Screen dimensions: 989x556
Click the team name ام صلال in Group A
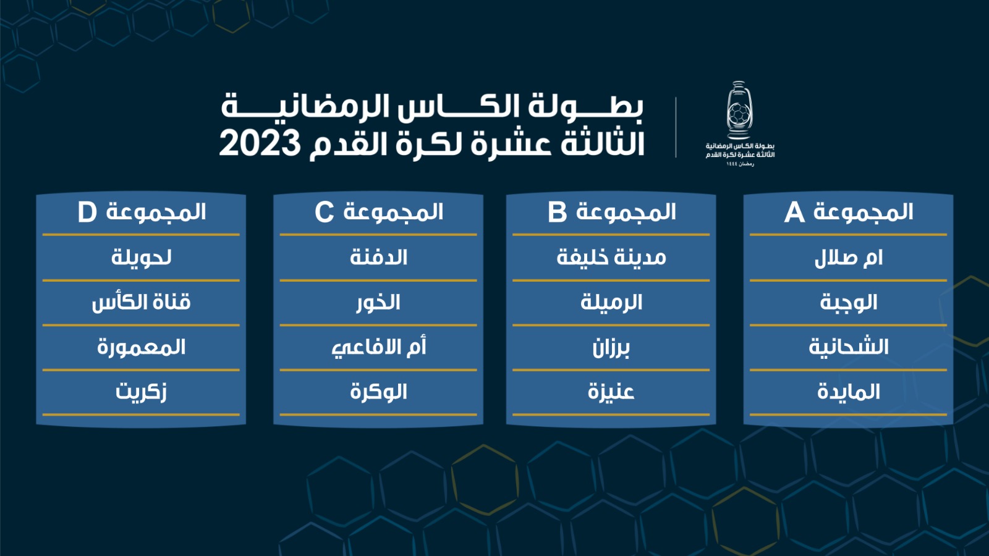coord(848,258)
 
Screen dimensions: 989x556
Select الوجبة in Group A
coord(848,303)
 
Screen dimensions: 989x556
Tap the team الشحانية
coord(848,347)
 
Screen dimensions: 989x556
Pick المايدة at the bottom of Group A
coord(848,392)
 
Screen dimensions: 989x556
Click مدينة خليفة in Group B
coord(611,258)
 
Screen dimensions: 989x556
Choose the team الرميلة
coord(611,303)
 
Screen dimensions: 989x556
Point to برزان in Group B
coord(611,348)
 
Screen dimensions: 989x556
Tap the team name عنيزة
coord(611,392)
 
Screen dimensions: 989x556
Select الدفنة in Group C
coord(378,258)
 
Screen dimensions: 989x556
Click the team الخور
coord(378,303)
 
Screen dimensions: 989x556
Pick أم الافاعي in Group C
coord(379,348)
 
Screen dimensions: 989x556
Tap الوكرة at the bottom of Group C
coord(378,392)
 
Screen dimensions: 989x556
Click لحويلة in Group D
coord(142,258)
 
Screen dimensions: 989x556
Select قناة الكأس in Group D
coord(142,303)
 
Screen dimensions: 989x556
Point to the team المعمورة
coord(142,348)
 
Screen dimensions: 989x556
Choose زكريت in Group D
coord(142,392)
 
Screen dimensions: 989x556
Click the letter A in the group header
coord(794,213)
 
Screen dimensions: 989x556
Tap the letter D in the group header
coord(87,213)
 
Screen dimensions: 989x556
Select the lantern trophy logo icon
coord(739,111)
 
